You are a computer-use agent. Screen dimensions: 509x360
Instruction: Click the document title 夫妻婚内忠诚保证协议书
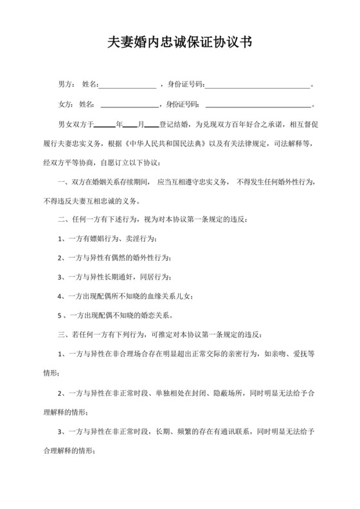(x=179, y=43)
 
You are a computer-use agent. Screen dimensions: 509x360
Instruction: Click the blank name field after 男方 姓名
(x=127, y=84)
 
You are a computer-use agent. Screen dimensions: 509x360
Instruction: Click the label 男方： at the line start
(x=66, y=84)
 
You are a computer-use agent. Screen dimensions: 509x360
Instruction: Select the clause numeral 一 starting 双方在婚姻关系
(x=62, y=183)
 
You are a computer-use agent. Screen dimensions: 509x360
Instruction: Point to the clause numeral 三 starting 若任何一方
(x=62, y=335)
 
